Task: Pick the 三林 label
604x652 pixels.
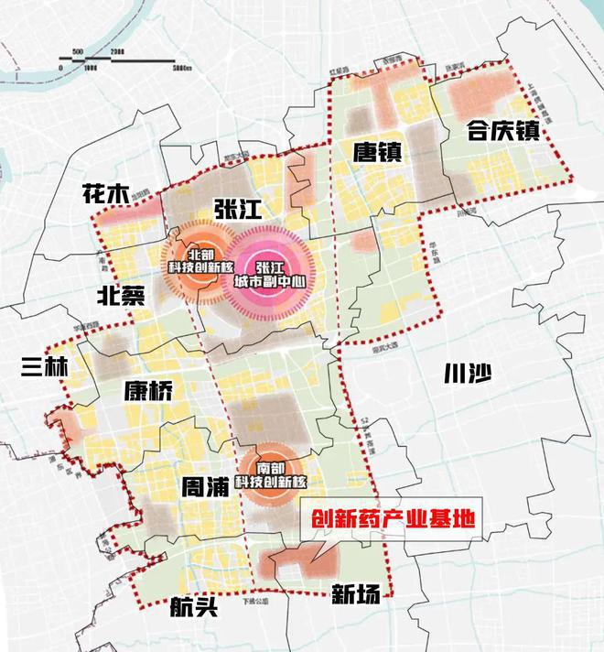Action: coord(43,367)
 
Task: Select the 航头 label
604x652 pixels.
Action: coord(194,606)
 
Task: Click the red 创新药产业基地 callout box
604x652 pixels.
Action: coord(391,518)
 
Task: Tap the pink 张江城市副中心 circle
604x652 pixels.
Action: coord(274,266)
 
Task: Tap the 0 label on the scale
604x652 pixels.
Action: coord(59,68)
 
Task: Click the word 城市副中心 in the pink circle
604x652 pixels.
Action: coord(274,274)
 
